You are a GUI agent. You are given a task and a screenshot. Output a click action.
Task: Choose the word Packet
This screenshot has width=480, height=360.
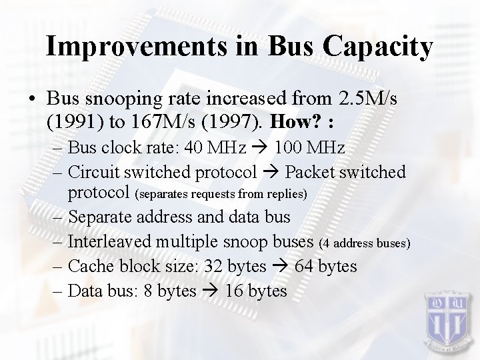click(311, 172)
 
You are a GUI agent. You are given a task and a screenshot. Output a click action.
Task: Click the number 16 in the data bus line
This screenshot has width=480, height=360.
click(235, 291)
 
